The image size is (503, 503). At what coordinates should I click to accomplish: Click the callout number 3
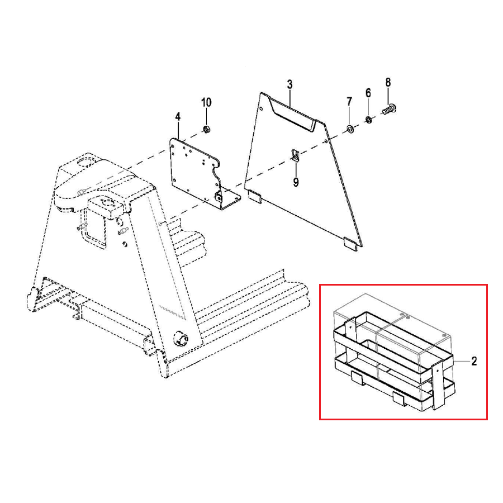290,85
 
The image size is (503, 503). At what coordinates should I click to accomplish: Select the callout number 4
178,117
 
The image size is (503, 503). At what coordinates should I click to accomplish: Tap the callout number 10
206,102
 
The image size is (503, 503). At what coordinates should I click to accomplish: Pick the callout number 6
368,92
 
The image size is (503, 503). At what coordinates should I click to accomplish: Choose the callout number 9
296,182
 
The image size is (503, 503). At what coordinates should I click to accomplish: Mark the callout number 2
474,361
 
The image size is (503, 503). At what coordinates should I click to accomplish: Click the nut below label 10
206,130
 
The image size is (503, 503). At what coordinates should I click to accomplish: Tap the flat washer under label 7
349,130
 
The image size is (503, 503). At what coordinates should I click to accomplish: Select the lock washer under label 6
368,119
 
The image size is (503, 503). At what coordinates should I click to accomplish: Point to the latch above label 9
296,156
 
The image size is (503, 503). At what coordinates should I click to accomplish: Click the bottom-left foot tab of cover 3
255,196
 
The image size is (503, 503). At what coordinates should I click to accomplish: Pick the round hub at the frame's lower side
182,338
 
